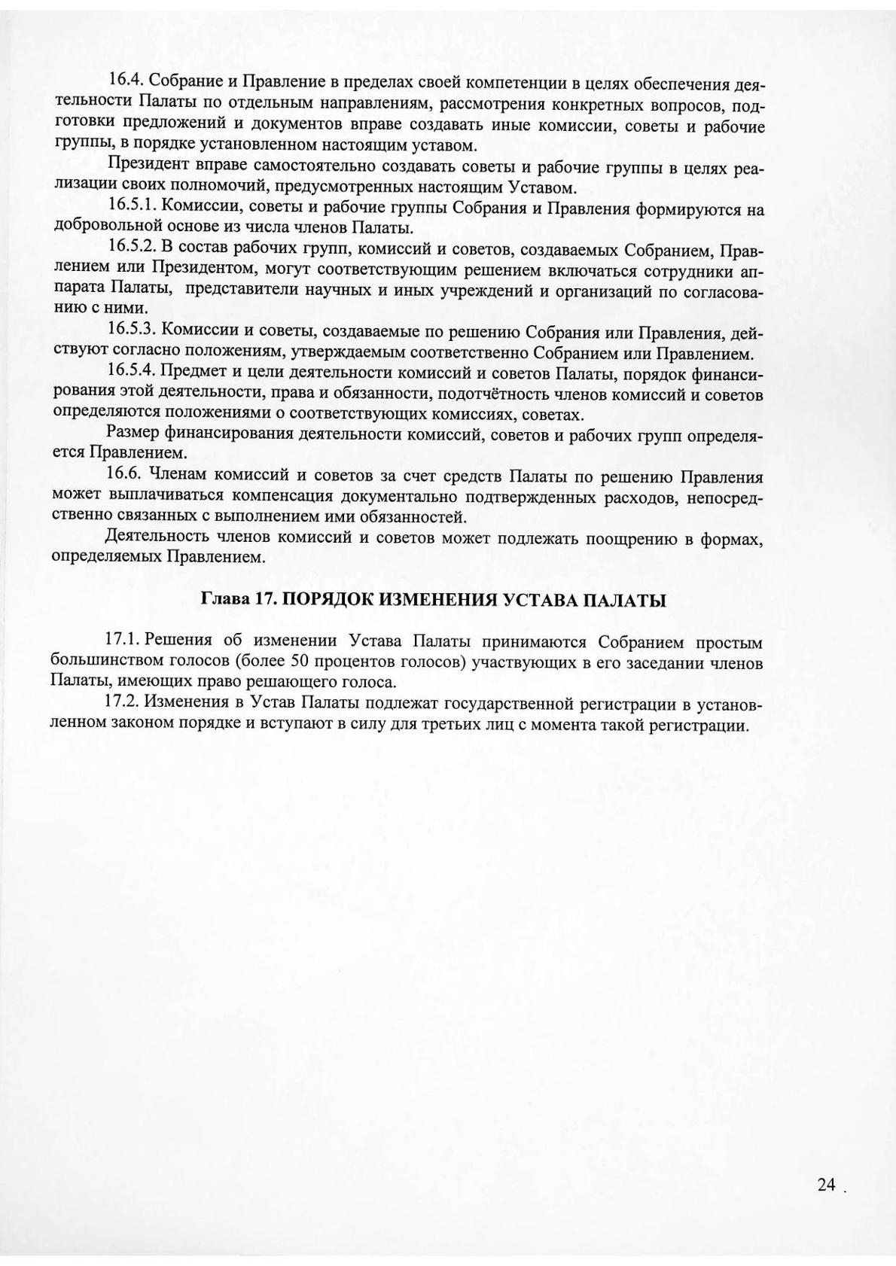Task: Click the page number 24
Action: tap(826, 1184)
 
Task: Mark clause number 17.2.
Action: tap(122, 702)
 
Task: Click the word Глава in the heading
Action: tap(222, 600)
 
